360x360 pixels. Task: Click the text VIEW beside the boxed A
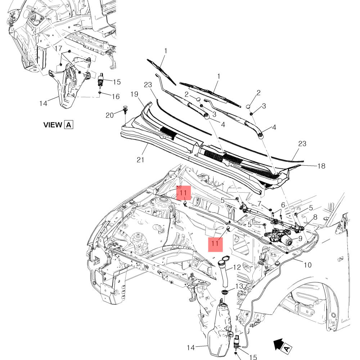coord(53,125)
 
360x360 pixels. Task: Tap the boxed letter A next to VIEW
coord(68,125)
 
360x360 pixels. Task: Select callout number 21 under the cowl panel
coord(140,159)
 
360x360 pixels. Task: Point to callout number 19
coord(134,94)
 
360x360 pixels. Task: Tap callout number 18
coord(321,166)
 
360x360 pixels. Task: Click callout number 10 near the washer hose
coord(308,265)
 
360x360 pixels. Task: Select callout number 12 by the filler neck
coord(237,267)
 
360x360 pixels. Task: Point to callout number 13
coord(239,286)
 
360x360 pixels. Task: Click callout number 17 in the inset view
coord(58,48)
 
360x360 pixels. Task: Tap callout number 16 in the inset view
coord(115,96)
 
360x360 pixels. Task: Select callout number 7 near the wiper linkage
coord(259,203)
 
